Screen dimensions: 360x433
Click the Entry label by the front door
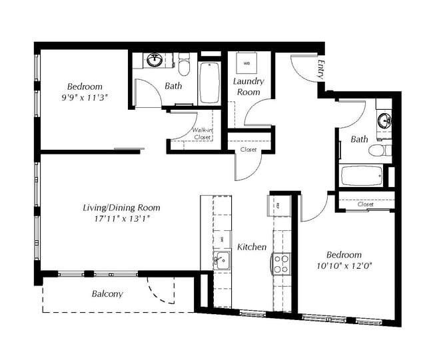[321, 68]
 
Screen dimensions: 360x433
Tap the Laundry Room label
[248, 87]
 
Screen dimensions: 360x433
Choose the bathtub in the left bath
[209, 83]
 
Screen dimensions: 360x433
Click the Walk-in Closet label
[203, 133]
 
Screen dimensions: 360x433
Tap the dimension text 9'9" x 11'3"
[83, 98]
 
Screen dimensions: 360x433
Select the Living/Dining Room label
[121, 208]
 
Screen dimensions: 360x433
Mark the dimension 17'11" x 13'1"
[121, 219]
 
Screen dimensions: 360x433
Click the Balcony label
[107, 293]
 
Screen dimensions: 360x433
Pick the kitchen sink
[221, 260]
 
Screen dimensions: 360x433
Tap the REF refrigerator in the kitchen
[280, 204]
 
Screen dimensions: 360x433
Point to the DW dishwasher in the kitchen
[221, 238]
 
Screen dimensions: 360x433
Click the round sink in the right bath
[384, 121]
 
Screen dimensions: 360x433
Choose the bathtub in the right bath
[362, 176]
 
